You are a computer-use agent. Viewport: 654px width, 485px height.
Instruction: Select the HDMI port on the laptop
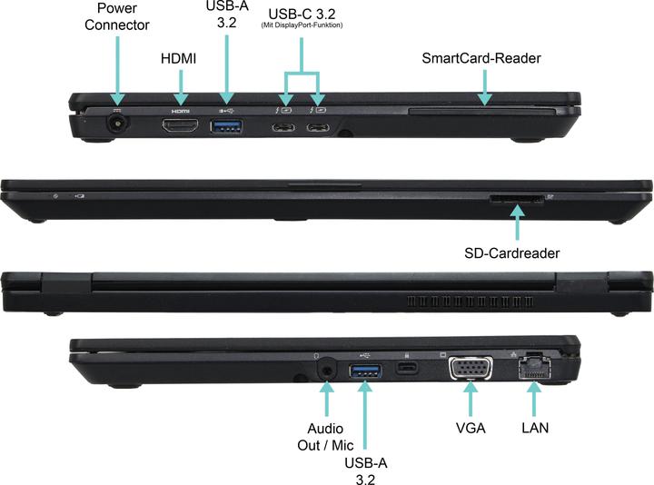pyautogui.click(x=180, y=125)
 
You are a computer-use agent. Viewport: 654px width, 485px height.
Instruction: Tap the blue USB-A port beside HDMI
pyautogui.click(x=225, y=126)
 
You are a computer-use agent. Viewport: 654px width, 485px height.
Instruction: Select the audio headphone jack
pyautogui.click(x=326, y=370)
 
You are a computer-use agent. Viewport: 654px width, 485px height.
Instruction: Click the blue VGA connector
pyautogui.click(x=471, y=368)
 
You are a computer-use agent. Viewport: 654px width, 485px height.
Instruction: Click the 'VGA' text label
pyautogui.click(x=471, y=426)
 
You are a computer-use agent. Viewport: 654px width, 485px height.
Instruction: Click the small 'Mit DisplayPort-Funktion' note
pyautogui.click(x=302, y=25)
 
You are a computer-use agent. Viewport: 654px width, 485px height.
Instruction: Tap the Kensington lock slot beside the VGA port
pyautogui.click(x=406, y=368)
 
